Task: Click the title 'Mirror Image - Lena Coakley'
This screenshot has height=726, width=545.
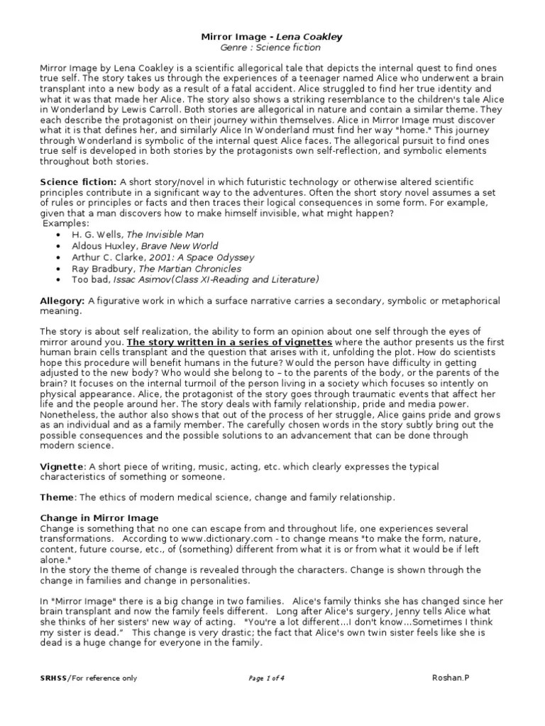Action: pyautogui.click(x=272, y=35)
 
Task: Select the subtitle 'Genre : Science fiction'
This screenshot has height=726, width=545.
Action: pyautogui.click(x=272, y=48)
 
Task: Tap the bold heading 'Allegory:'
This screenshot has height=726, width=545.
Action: pyautogui.click(x=62, y=301)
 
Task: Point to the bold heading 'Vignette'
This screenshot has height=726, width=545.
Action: pyautogui.click(x=62, y=467)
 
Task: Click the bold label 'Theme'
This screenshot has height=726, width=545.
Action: pyautogui.click(x=57, y=497)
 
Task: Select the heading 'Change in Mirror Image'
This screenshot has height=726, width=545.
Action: pyautogui.click(x=99, y=518)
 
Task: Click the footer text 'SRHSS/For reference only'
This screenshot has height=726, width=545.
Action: pyautogui.click(x=89, y=678)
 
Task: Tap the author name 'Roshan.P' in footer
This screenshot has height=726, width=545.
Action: pyautogui.click(x=451, y=678)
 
